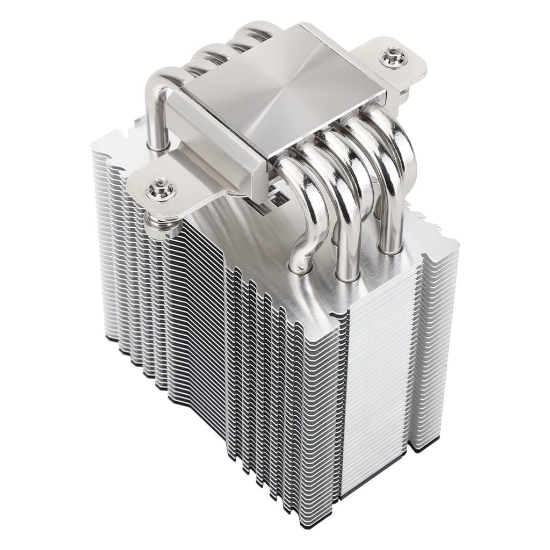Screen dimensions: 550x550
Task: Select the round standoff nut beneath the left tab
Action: point(160,226)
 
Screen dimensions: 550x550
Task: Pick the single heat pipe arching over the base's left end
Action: point(153,102)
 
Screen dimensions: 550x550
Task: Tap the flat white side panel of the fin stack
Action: point(376,376)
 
